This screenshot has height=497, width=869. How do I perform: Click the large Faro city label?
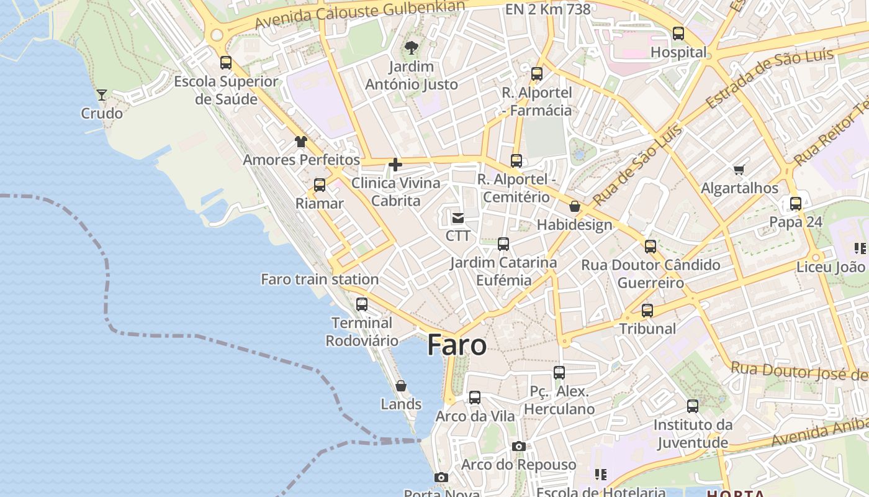[457, 345]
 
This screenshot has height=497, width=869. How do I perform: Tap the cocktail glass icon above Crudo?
[102, 95]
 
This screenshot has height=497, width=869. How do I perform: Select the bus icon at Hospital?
[678, 34]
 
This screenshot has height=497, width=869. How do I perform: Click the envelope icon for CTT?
[458, 217]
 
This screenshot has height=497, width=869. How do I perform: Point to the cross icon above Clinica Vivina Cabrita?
[395, 165]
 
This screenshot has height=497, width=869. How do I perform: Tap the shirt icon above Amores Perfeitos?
[301, 142]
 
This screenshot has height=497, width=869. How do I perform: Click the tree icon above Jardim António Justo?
[411, 47]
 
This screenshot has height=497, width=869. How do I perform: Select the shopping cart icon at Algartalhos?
[739, 170]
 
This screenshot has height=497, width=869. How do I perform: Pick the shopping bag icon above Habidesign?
[575, 206]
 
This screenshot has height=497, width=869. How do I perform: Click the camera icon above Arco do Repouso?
[519, 446]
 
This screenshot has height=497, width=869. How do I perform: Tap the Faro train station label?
[320, 280]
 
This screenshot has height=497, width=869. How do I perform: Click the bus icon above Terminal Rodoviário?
[362, 304]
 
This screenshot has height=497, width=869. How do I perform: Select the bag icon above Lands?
[401, 386]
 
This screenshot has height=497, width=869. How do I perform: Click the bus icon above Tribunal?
[647, 310]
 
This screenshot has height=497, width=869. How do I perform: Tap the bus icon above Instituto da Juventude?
[693, 406]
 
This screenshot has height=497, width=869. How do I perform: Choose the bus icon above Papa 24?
[796, 203]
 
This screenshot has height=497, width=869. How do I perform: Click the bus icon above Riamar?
[320, 185]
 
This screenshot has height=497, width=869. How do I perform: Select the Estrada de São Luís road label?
[769, 79]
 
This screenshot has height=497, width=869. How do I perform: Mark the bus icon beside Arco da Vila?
[475, 398]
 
